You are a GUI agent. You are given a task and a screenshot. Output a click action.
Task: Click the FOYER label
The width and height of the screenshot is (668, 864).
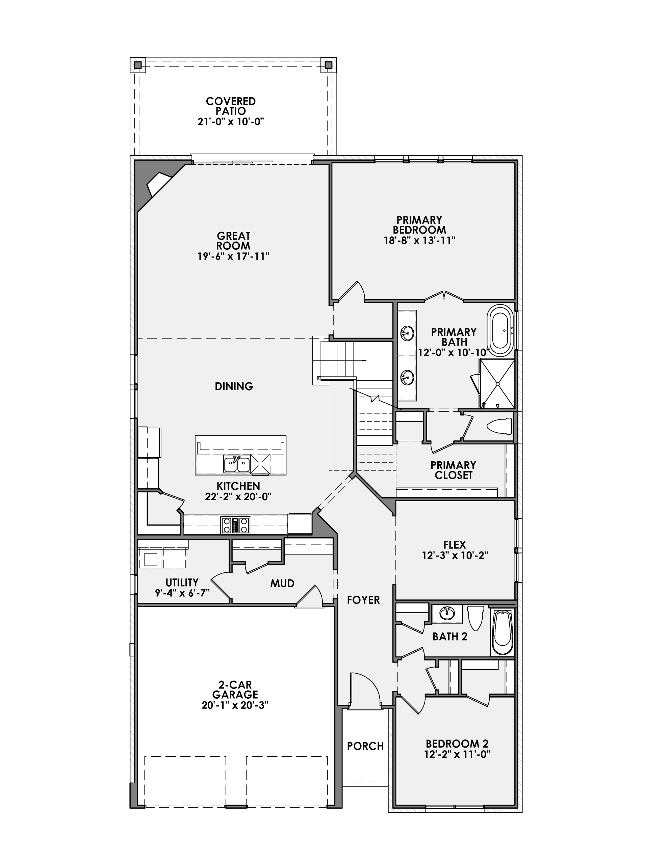[363, 600]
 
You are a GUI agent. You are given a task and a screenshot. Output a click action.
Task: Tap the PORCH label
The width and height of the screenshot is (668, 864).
[365, 746]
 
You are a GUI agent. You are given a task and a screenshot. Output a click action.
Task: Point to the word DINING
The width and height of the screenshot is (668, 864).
[234, 386]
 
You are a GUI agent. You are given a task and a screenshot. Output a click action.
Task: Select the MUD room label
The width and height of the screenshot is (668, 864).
[282, 583]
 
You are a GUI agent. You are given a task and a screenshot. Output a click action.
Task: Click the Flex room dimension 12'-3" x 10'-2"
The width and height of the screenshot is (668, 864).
[455, 556]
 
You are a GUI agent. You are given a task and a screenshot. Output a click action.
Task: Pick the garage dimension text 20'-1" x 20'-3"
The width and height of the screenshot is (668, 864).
[235, 705]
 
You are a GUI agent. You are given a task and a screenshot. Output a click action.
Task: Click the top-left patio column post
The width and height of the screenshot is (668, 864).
[137, 65]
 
